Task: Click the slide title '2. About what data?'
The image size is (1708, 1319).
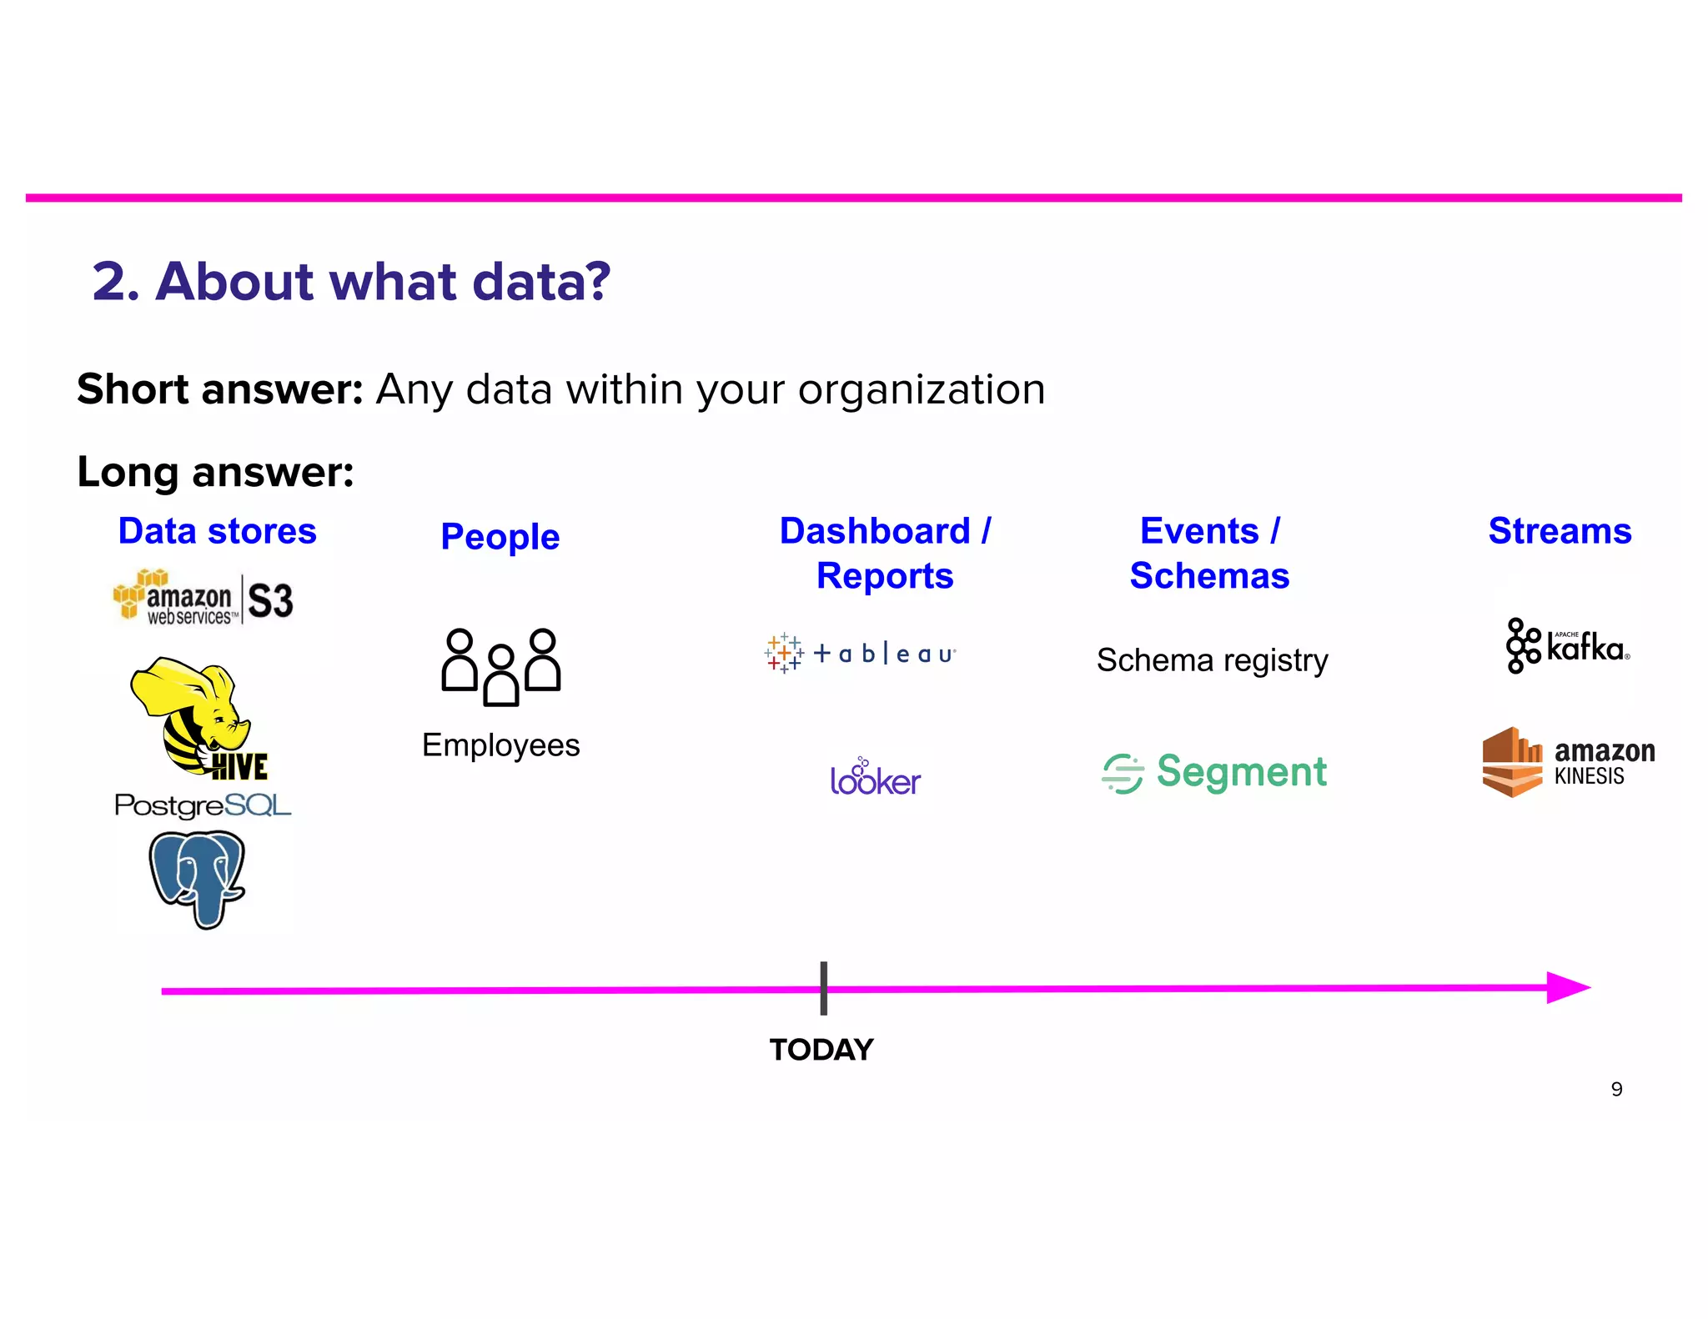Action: [351, 282]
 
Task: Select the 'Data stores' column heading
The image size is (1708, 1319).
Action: [217, 531]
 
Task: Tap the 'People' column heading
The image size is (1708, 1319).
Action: [500, 536]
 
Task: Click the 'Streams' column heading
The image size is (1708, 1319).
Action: [1559, 531]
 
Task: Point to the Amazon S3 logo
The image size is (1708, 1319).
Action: [203, 597]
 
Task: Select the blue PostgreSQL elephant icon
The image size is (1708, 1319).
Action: [198, 878]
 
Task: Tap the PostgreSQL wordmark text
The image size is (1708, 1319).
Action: [203, 805]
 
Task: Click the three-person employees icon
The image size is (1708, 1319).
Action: [500, 667]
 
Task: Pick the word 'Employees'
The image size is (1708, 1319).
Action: [500, 745]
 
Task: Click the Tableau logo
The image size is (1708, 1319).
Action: [860, 653]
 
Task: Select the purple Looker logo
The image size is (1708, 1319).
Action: [875, 778]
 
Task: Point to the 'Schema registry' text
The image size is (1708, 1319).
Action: [1212, 660]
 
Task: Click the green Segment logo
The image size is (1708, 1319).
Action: [1214, 772]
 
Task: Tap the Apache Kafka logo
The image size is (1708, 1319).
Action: [1567, 646]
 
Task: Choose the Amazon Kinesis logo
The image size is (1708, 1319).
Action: [1568, 762]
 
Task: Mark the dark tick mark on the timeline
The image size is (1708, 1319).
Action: [823, 988]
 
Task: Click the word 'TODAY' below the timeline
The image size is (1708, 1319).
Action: [821, 1050]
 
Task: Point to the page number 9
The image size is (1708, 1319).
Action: [1616, 1090]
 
